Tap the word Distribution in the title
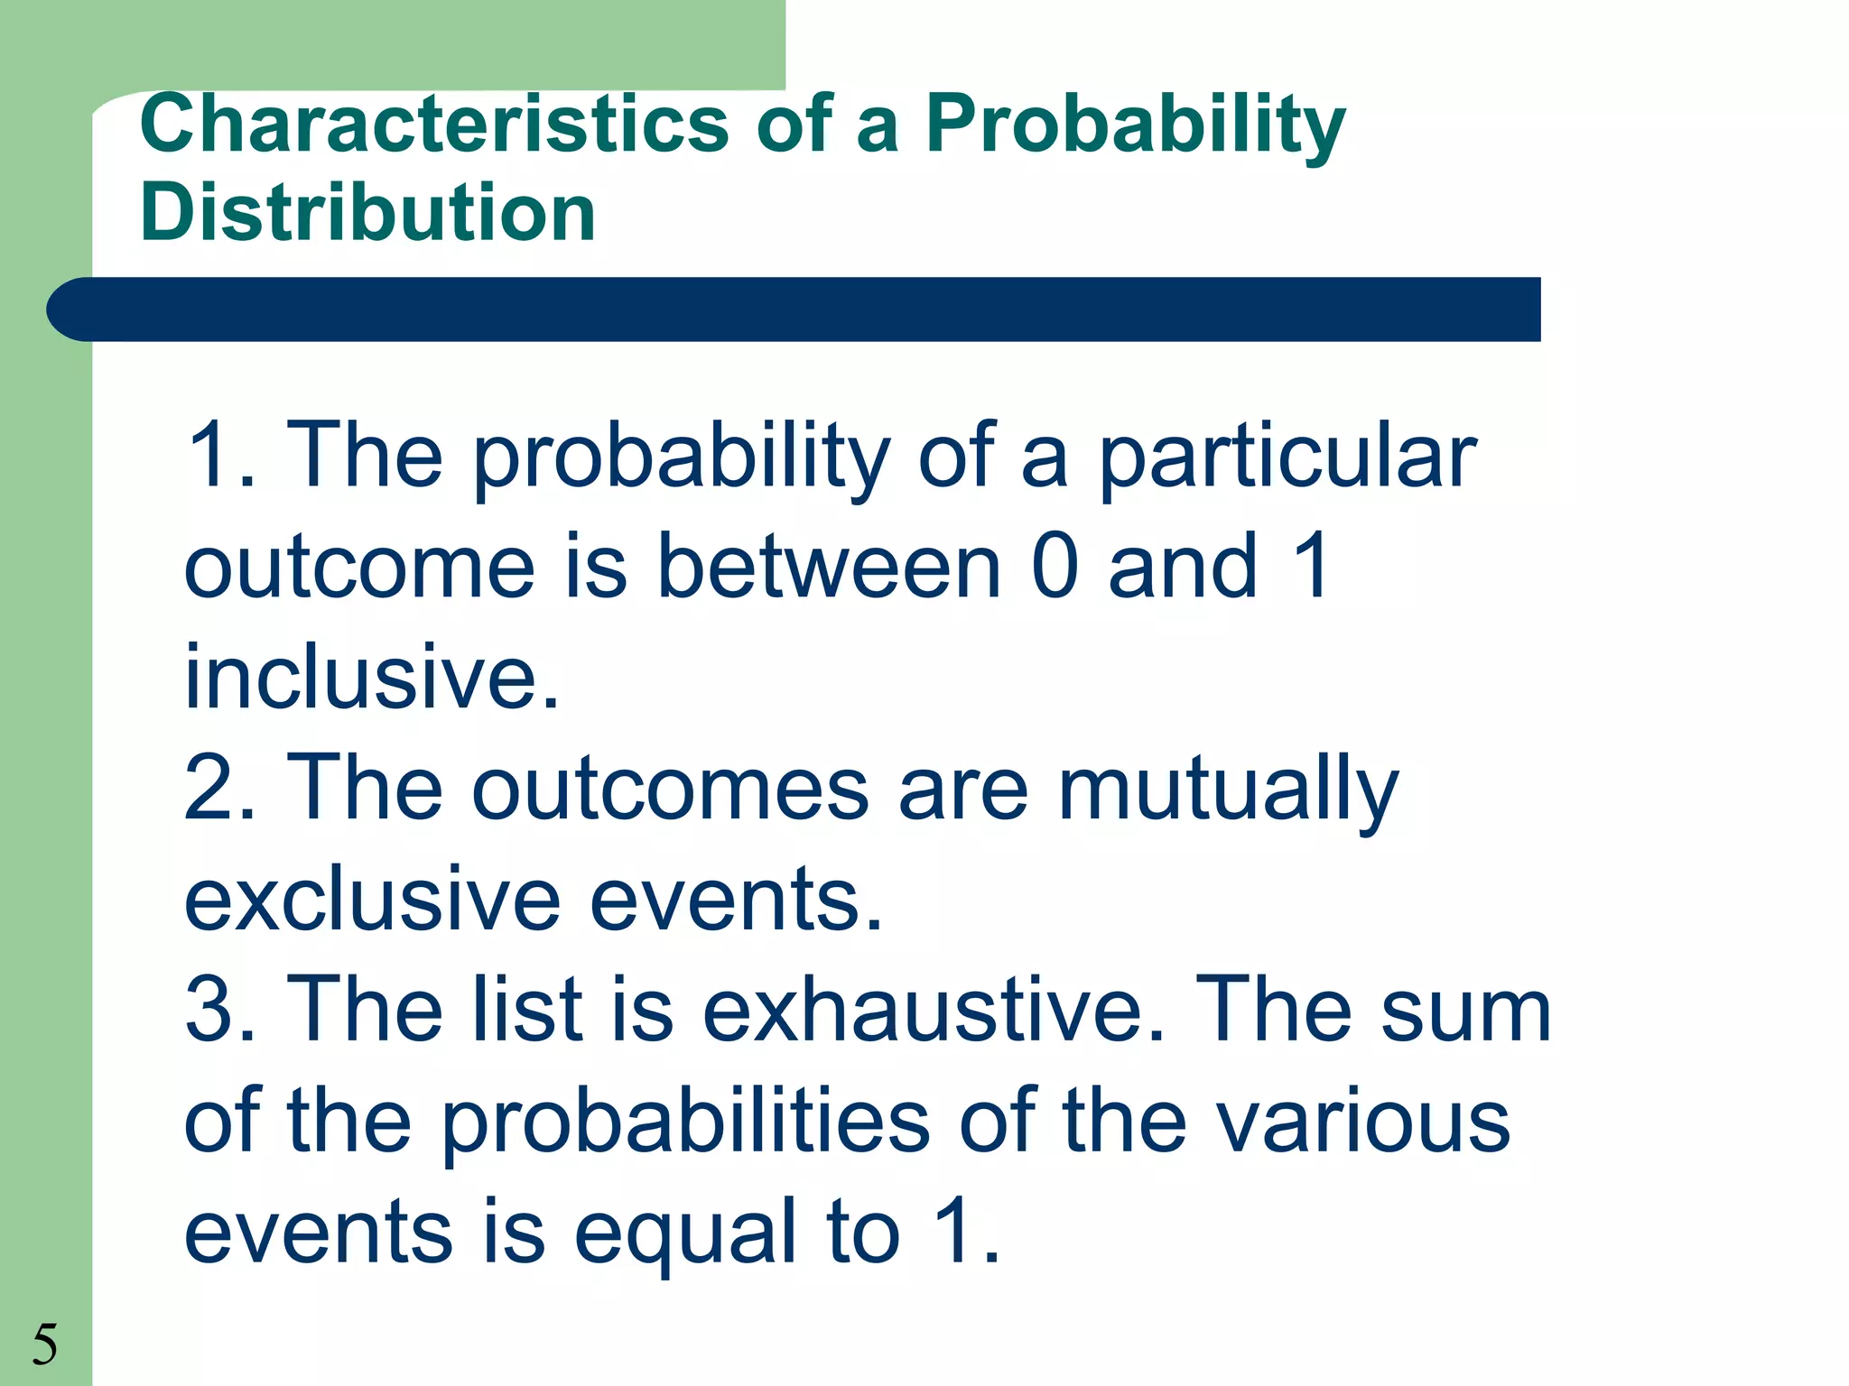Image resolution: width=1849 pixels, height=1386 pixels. click(x=367, y=213)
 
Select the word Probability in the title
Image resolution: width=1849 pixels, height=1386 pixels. click(x=1135, y=126)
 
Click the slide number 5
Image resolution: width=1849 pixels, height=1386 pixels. click(x=44, y=1344)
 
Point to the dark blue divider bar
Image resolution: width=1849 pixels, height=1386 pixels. click(x=794, y=310)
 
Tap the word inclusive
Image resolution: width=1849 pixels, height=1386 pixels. click(x=371, y=678)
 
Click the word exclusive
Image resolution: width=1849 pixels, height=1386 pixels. click(x=371, y=900)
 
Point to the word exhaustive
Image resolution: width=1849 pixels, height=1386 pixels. click(x=933, y=1010)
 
